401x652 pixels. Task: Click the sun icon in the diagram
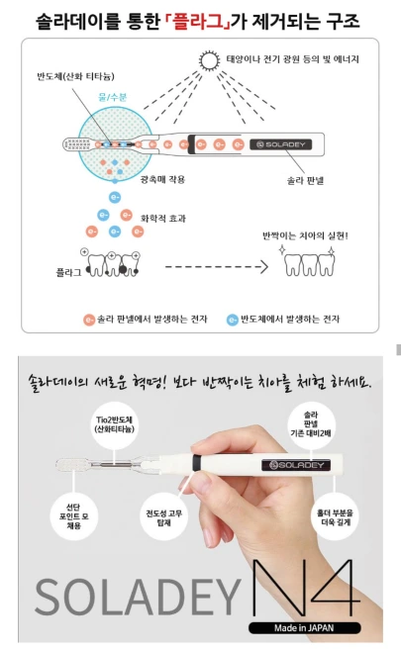coord(209,60)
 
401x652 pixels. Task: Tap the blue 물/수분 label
coord(112,97)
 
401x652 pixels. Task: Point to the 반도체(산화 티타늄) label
coord(75,76)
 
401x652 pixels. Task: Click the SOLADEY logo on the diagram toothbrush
coord(281,144)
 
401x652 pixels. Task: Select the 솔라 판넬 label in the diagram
coord(305,180)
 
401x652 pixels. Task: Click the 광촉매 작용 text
coord(162,180)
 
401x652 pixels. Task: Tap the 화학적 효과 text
coord(163,219)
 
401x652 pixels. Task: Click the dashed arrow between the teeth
coord(217,266)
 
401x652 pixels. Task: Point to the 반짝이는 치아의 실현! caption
coord(305,235)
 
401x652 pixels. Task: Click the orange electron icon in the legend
coord(89,320)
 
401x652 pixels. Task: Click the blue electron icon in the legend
coord(232,320)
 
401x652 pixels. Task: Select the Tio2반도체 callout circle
coord(115,424)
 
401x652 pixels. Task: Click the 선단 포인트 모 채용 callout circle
coord(73,516)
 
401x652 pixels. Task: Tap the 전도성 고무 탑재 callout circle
coord(164,516)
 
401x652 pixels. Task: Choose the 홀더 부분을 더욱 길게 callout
coord(335,516)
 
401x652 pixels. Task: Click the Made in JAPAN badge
coord(304,628)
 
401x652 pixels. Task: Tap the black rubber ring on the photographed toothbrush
coord(197,462)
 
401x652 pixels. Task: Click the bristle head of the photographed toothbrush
coord(71,465)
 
